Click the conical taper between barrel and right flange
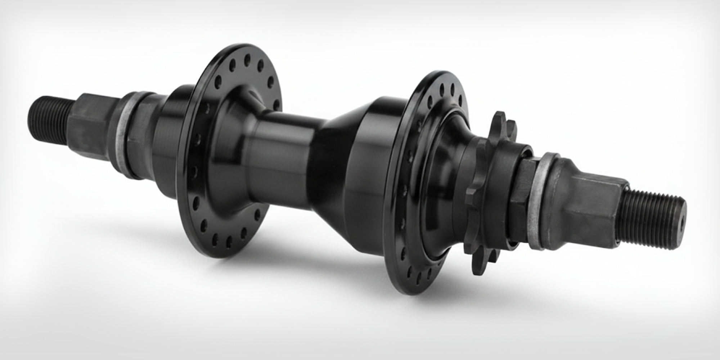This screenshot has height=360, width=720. [337, 158]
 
